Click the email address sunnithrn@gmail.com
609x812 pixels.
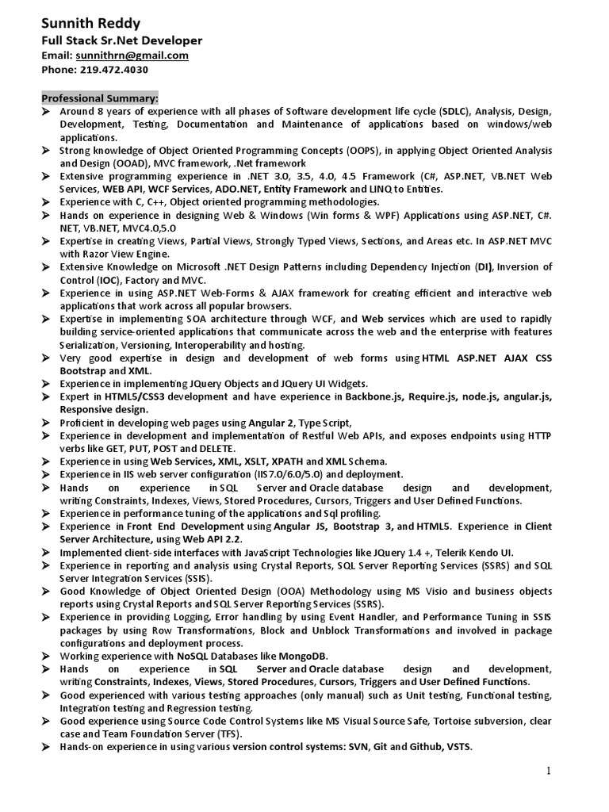tap(132, 56)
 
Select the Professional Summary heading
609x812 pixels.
tap(100, 98)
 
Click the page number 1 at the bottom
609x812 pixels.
tap(547, 771)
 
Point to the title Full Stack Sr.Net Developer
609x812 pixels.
tap(121, 40)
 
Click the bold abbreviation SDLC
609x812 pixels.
tap(453, 112)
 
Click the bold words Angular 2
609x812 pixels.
tap(271, 423)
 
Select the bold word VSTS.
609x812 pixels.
tap(459, 747)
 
